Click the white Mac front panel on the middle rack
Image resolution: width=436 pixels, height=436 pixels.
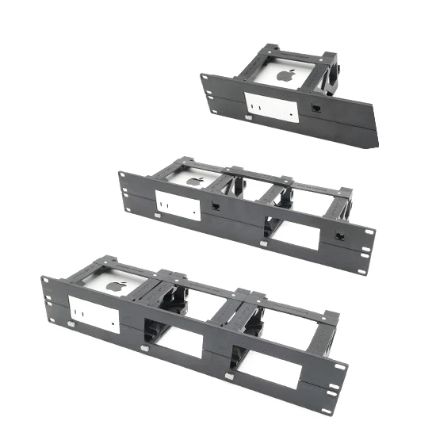coord(177,206)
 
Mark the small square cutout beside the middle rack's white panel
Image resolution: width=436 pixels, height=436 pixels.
coord(216,205)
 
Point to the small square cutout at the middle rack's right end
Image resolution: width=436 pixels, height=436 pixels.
coord(339,236)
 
